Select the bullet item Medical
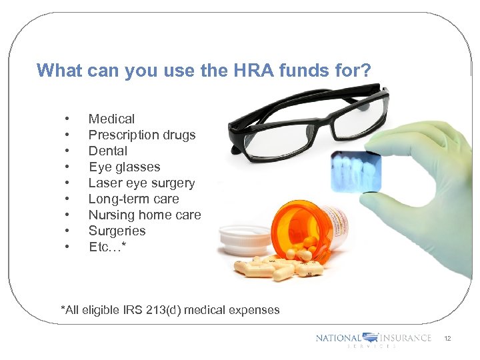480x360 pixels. click(111, 119)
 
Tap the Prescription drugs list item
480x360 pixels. click(142, 135)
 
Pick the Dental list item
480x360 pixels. click(107, 151)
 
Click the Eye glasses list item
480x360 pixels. click(124, 167)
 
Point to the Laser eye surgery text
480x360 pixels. click(141, 183)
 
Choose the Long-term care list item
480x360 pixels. click(133, 199)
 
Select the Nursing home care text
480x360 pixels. click(145, 215)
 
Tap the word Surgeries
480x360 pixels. click(117, 231)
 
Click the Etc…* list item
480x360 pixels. click(107, 247)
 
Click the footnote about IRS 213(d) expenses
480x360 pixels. click(170, 310)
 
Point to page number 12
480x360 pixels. click(447, 339)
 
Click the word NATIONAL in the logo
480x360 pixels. click(338, 338)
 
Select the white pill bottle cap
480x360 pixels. click(242, 239)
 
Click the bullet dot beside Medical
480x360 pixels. click(67, 119)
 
